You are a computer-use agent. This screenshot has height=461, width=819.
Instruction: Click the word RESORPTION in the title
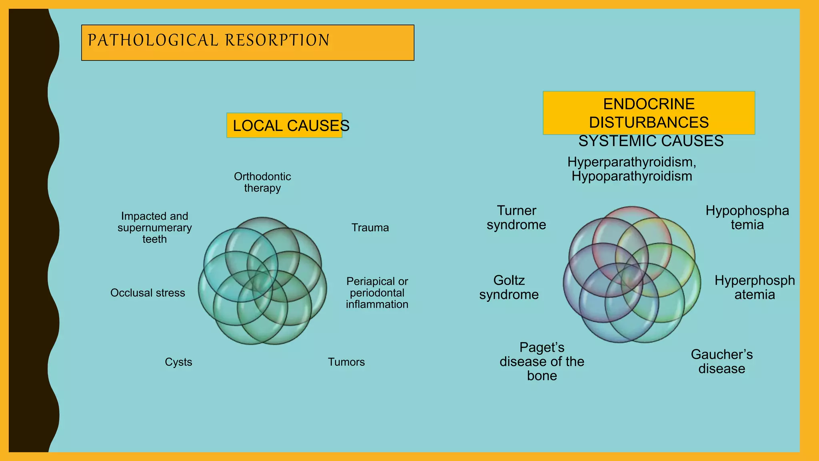(277, 40)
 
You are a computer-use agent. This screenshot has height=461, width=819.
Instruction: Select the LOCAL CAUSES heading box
(284, 126)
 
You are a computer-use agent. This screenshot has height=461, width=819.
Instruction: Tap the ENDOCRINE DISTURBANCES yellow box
(649, 113)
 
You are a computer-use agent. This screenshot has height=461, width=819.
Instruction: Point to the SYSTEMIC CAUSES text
(651, 141)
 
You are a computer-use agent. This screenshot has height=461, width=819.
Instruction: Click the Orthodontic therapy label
(262, 182)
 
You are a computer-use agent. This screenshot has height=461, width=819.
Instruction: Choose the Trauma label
(370, 228)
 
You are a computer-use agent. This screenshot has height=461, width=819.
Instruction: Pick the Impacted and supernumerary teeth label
(155, 228)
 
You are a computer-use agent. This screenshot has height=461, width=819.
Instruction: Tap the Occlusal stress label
(148, 293)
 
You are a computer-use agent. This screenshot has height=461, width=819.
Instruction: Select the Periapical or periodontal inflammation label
(377, 293)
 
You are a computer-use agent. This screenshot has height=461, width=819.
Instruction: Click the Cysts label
(178, 362)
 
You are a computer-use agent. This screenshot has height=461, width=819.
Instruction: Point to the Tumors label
(346, 362)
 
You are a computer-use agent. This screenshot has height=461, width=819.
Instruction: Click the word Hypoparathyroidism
(631, 176)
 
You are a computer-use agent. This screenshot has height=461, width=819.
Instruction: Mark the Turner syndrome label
(516, 218)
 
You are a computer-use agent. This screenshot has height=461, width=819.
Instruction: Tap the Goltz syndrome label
(509, 287)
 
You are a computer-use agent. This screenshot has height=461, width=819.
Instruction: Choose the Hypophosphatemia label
(747, 218)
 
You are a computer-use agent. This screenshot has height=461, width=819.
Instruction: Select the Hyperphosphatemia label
(755, 287)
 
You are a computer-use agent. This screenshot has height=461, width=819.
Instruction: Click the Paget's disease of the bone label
(541, 361)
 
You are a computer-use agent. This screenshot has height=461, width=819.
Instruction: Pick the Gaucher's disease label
(721, 361)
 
